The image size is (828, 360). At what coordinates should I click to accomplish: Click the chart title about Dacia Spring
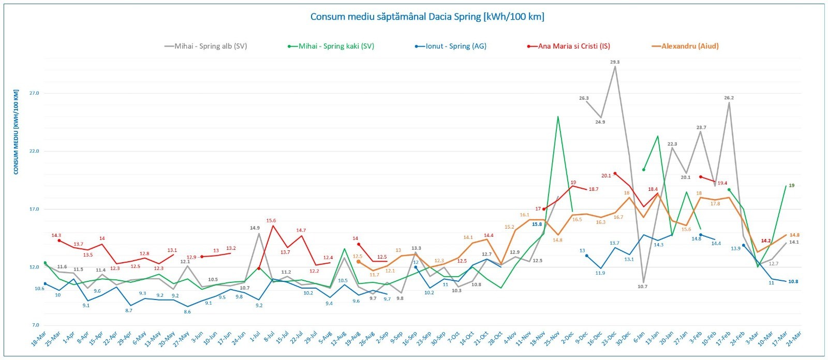pos(427,17)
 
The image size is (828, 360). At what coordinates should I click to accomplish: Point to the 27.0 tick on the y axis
pos(34,93)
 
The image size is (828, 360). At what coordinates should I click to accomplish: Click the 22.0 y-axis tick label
pos(34,151)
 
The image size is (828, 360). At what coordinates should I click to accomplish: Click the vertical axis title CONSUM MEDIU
pos(16,132)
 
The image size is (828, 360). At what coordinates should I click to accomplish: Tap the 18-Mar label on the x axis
pos(38,339)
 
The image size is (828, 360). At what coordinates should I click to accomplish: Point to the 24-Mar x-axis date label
pos(793,339)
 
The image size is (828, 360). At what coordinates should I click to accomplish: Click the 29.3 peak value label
pos(615,62)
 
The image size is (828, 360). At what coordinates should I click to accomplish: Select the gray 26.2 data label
pos(729,98)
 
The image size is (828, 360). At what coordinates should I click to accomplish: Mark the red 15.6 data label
pos(271,221)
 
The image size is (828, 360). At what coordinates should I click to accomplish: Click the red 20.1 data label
pos(606,176)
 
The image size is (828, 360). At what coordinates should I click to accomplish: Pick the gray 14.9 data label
pos(255,228)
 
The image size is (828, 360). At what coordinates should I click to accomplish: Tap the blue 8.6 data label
pos(187,312)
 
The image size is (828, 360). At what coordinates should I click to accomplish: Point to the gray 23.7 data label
pos(701,127)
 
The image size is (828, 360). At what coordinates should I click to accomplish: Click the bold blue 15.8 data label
pos(537,224)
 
